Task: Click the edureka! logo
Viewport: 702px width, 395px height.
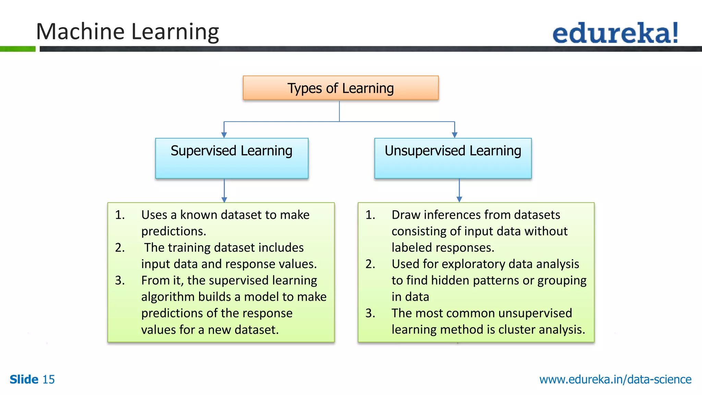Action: [615, 33]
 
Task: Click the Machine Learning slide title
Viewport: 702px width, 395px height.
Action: [127, 32]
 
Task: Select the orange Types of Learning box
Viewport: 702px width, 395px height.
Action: [340, 88]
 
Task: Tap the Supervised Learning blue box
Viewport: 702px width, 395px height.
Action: [232, 158]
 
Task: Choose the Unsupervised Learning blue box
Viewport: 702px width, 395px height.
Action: [453, 158]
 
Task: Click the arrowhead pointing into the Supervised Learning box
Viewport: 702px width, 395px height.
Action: [224, 135]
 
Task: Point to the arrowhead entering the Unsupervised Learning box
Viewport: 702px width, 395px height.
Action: [455, 135]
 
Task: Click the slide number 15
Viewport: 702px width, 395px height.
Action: [48, 380]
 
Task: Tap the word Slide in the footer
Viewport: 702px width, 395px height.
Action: [24, 380]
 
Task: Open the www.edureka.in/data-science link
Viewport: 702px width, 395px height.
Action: [615, 380]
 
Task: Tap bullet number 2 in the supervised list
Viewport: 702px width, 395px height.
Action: [120, 248]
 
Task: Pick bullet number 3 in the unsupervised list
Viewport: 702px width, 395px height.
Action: [370, 313]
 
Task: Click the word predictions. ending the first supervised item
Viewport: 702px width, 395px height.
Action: [173, 231]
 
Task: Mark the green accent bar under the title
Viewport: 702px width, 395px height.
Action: [17, 49]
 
